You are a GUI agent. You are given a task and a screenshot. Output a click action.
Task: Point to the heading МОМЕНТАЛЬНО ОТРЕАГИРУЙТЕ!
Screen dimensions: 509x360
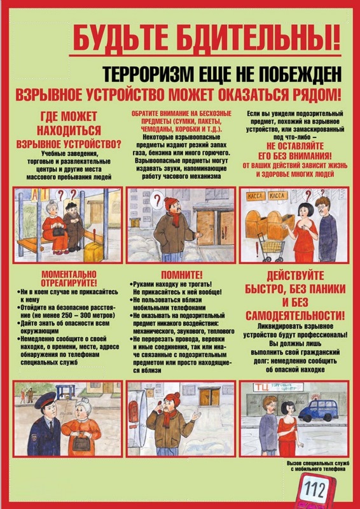coord(67,277)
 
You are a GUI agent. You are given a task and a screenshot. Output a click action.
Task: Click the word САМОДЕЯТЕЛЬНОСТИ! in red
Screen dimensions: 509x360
coord(293,315)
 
